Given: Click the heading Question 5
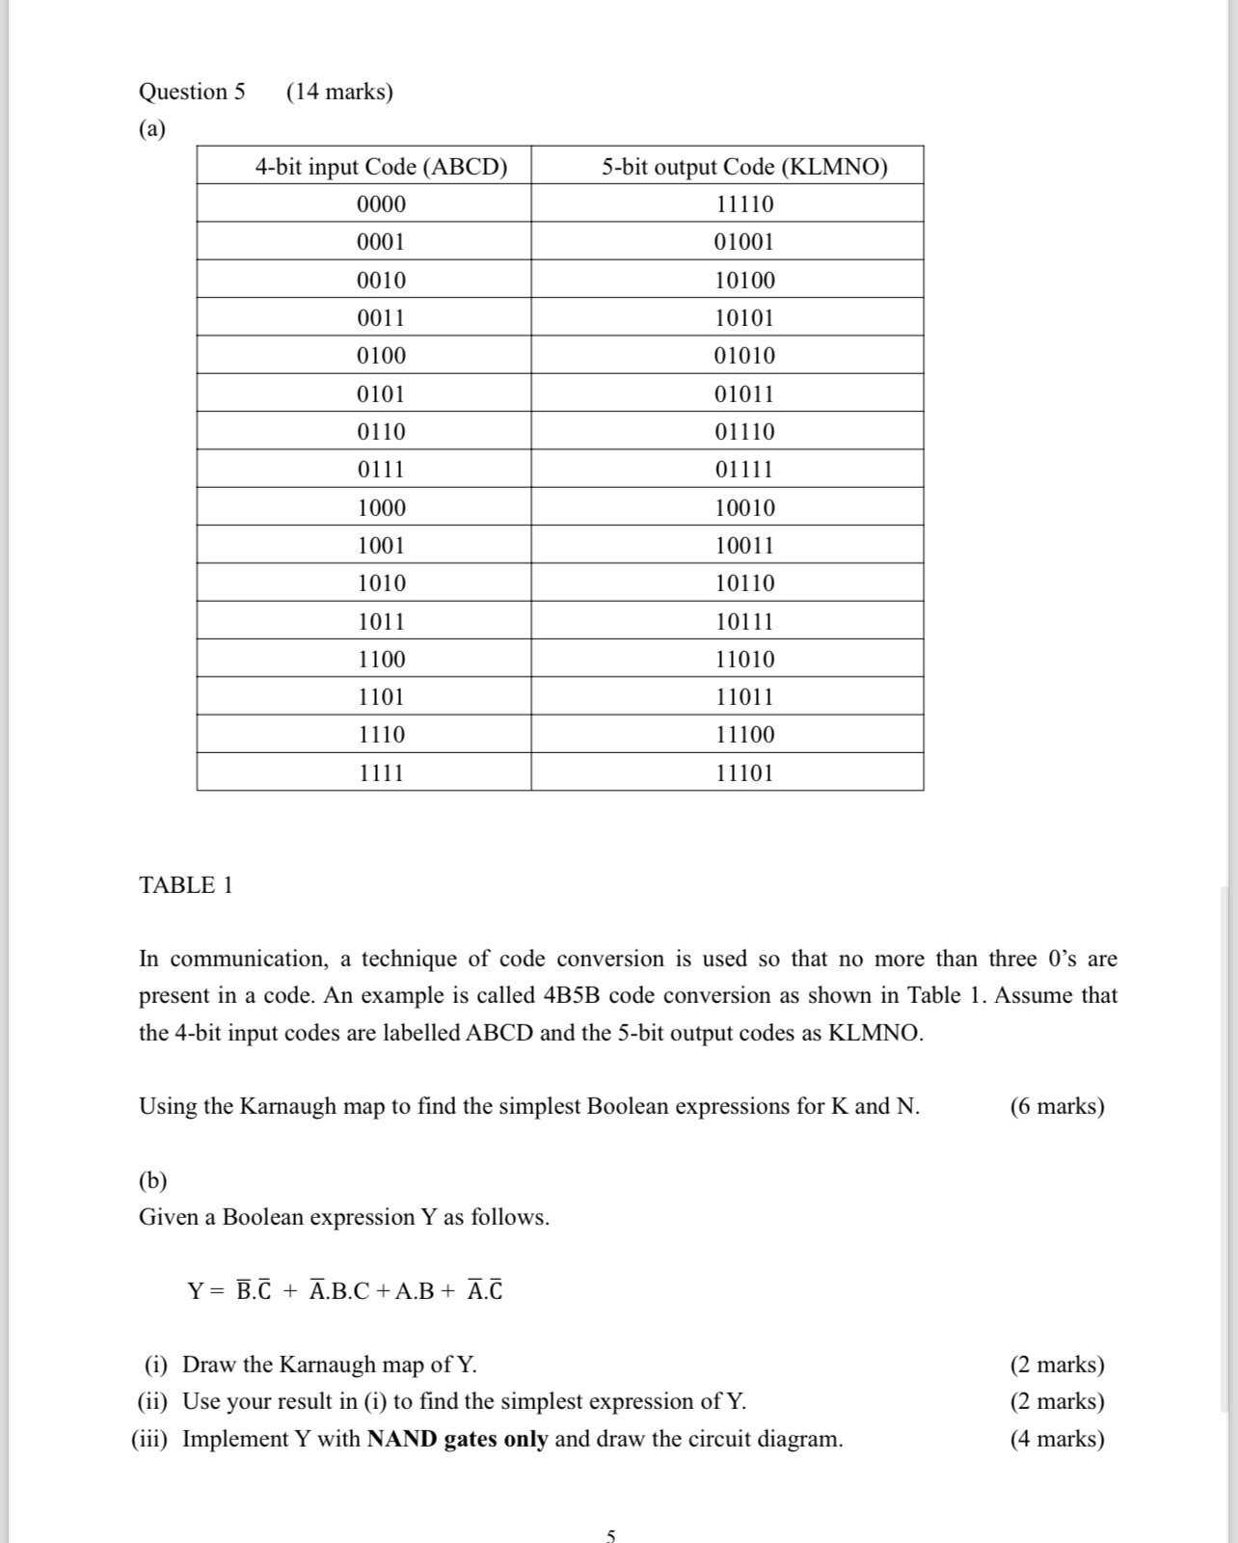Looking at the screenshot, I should pyautogui.click(x=192, y=92).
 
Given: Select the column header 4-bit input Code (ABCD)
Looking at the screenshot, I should pyautogui.click(x=381, y=167).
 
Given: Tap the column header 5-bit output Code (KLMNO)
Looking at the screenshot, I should pyautogui.click(x=744, y=167).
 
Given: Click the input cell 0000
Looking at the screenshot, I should pyautogui.click(x=381, y=204).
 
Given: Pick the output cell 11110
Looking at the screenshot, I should pyautogui.click(x=744, y=204).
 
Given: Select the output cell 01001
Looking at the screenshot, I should pyautogui.click(x=744, y=242).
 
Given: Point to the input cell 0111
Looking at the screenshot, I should pyautogui.click(x=381, y=470).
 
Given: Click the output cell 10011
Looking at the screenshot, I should pyautogui.click(x=744, y=546).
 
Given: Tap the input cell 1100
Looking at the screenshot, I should pyautogui.click(x=381, y=660).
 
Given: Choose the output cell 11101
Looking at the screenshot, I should pyautogui.click(x=744, y=773).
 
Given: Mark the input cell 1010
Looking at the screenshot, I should pyautogui.click(x=381, y=583).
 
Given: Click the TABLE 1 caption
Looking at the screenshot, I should pyautogui.click(x=186, y=885).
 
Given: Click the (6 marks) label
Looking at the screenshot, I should pyautogui.click(x=1057, y=1106).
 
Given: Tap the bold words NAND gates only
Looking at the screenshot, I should pyautogui.click(x=457, y=1439).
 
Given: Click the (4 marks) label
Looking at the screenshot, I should pyautogui.click(x=1057, y=1439).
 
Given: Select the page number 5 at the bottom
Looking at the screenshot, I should pyautogui.click(x=610, y=1535).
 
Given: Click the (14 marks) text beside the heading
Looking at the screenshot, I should pyautogui.click(x=339, y=92).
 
